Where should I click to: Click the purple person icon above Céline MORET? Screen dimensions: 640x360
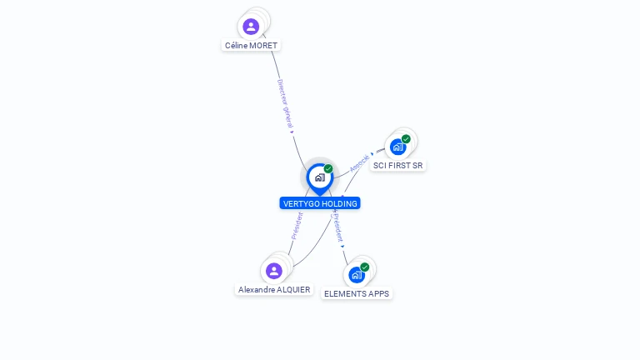tap(251, 27)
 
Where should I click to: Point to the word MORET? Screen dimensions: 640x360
tap(263, 46)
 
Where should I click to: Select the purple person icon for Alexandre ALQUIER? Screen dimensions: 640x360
tap(274, 271)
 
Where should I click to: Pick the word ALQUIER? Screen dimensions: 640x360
tap(293, 290)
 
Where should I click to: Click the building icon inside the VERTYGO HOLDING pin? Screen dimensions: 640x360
tap(320, 177)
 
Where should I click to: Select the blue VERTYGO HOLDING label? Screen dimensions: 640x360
tap(320, 203)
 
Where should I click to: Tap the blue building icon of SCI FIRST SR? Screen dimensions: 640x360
tap(397, 147)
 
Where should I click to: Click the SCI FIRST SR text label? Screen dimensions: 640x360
tap(398, 166)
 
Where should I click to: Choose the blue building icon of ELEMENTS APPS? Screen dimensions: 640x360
tap(357, 275)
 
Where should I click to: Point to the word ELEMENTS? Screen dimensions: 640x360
tap(342, 294)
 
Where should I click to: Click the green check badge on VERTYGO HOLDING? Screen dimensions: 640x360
tap(328, 168)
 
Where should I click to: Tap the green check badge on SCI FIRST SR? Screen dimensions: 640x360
tap(406, 139)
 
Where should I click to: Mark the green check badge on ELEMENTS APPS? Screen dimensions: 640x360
tap(364, 267)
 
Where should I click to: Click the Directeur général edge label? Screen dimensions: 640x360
tap(285, 103)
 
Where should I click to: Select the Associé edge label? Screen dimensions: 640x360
tap(359, 163)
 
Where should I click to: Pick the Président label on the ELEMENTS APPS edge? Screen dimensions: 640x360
tap(338, 227)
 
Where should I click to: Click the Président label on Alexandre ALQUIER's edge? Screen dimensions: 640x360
tap(297, 226)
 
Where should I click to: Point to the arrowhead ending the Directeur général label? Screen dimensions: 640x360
tap(292, 132)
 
